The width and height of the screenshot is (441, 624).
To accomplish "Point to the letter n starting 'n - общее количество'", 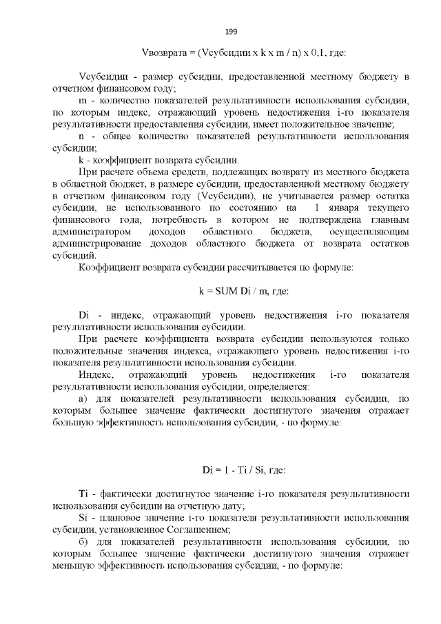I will tap(83, 136).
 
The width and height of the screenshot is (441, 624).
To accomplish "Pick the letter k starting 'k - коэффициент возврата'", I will tap(83, 159).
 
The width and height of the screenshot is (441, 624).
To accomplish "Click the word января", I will tap(341, 207).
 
